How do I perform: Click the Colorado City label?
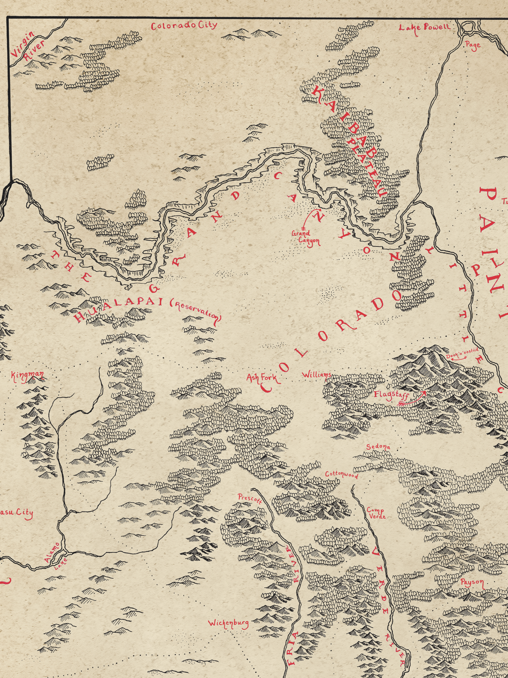(x=184, y=26)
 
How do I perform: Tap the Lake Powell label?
(x=424, y=28)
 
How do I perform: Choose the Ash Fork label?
(x=261, y=378)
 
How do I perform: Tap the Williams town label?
(x=316, y=375)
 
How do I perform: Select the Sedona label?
(x=378, y=447)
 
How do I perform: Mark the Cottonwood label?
(x=341, y=475)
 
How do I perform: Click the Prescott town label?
(x=250, y=499)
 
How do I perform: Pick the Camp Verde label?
(x=376, y=513)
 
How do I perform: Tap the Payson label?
(x=472, y=582)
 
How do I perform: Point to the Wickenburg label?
(x=228, y=623)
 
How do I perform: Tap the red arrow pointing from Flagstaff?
(x=413, y=399)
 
